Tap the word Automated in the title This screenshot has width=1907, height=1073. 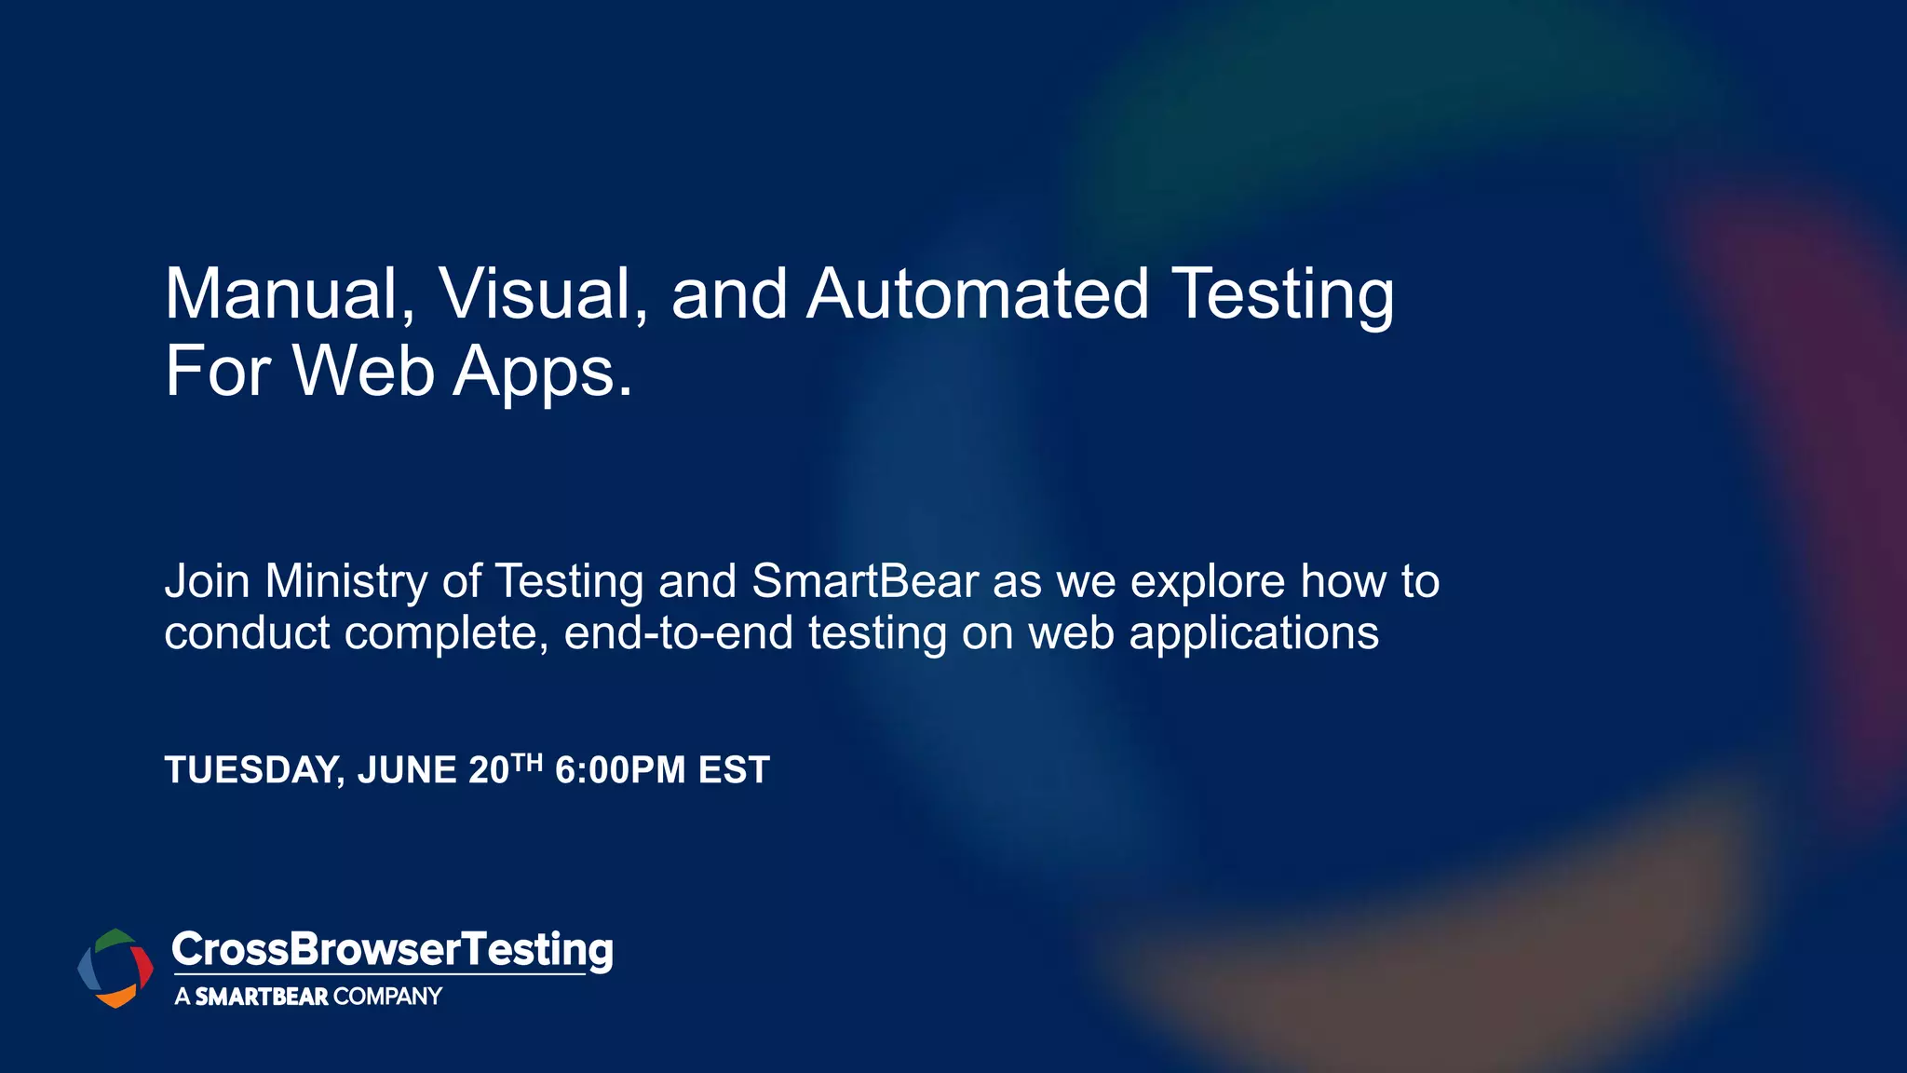977,294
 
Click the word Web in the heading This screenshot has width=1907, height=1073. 364,371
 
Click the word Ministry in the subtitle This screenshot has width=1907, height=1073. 345,582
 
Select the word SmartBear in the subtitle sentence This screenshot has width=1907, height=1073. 865,581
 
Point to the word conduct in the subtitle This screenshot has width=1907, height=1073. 247,633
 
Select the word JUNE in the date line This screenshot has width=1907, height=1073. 407,771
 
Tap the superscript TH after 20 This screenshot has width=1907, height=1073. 527,764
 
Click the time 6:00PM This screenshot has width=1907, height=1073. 620,771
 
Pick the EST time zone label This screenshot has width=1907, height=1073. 734,771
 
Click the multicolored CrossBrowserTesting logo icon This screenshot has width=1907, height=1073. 115,968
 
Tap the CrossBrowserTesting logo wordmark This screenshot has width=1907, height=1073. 392,950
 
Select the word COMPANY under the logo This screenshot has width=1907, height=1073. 387,997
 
